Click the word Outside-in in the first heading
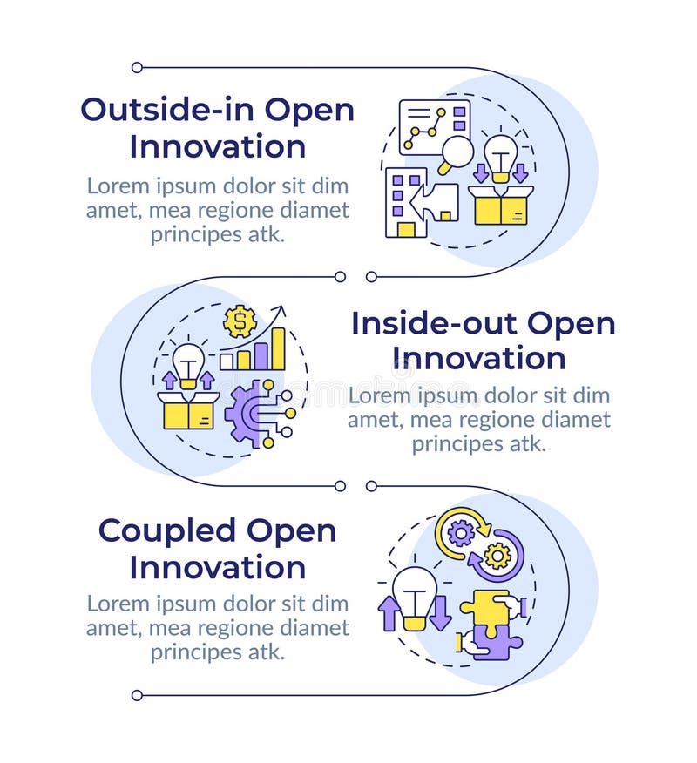[x=168, y=110]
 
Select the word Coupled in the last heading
[x=167, y=530]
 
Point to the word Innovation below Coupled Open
[x=218, y=567]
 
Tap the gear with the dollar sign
[x=240, y=321]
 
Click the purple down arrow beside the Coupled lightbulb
[x=441, y=611]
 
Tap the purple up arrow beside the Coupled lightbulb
[x=389, y=611]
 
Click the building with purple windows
[x=404, y=202]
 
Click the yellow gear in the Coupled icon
[x=497, y=555]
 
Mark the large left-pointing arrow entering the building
[x=435, y=202]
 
